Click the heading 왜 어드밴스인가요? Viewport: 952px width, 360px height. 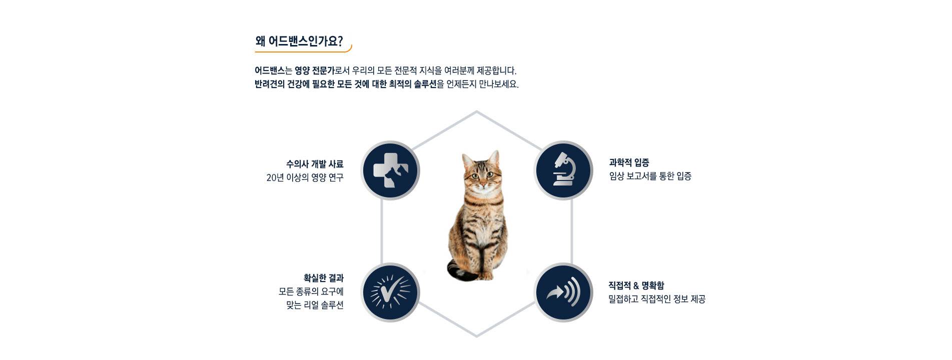coord(299,41)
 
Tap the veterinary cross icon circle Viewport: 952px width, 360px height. coord(390,170)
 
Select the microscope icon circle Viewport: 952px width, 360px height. coord(563,170)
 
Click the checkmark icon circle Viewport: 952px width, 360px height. coord(390,292)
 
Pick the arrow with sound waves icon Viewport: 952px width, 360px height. coord(563,292)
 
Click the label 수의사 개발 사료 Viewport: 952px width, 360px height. coord(315,164)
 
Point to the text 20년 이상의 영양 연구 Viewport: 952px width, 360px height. coord(305,177)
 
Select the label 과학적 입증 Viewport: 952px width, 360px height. coord(629,162)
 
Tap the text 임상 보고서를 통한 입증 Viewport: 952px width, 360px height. coord(650,176)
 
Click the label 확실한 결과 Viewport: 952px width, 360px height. coord(324,278)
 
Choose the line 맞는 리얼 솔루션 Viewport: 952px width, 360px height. coord(315,305)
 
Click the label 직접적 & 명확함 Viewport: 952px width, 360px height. coord(636,285)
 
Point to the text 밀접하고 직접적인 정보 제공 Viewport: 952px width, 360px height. coord(657,299)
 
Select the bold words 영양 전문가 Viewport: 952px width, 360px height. coord(314,70)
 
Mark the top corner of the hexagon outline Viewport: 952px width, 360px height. coord(476,111)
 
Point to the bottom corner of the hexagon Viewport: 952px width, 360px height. coord(476,336)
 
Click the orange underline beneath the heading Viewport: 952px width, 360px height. coord(303,51)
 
